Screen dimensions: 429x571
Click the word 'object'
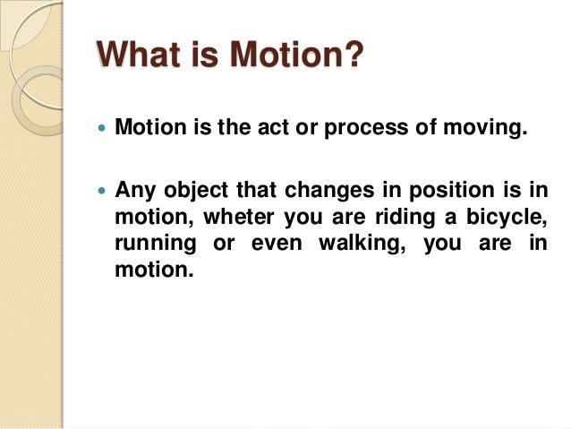192,192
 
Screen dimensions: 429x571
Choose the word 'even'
285,245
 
